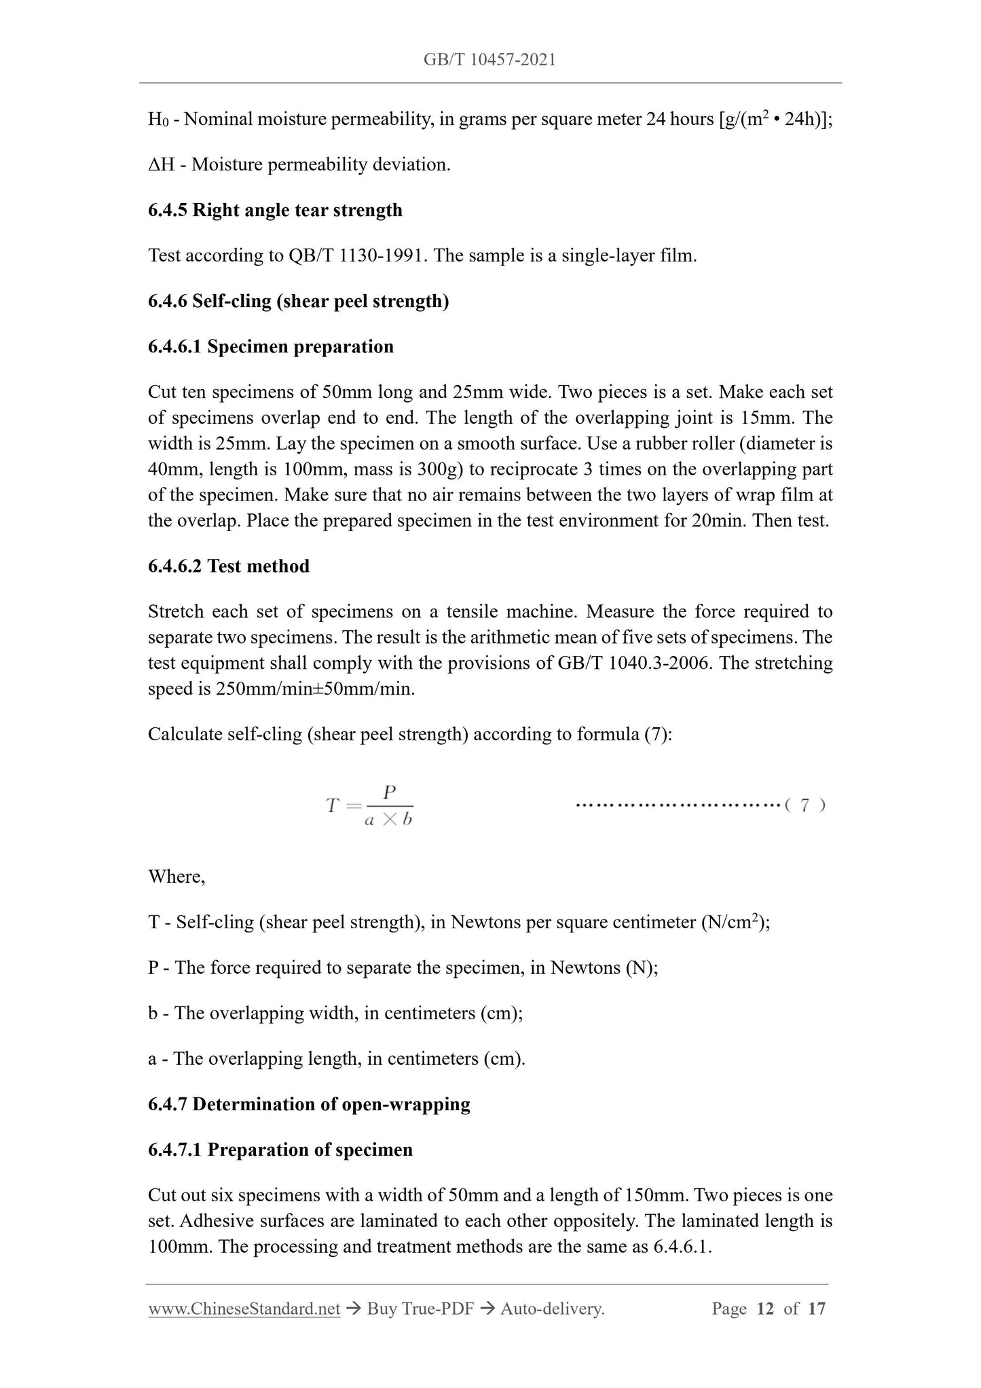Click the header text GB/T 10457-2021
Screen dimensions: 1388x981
(x=489, y=60)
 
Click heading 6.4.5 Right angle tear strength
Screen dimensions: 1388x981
(x=275, y=210)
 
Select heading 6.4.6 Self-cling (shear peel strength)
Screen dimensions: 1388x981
(x=298, y=301)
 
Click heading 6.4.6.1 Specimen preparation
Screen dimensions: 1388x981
(x=270, y=346)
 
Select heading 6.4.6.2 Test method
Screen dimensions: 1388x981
(x=228, y=566)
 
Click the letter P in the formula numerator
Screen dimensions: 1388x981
(x=389, y=792)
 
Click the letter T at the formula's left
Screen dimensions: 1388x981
(x=332, y=806)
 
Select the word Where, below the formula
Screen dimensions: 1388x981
(x=177, y=877)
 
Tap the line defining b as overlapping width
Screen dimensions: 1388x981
(x=335, y=1013)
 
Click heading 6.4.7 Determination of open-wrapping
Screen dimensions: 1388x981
(x=309, y=1104)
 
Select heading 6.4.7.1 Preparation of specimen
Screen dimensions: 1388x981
(x=280, y=1150)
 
